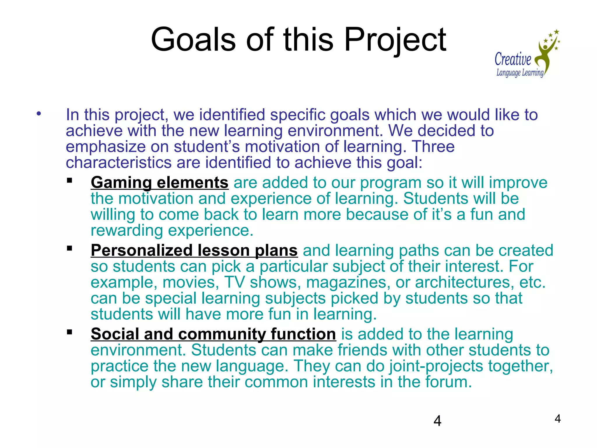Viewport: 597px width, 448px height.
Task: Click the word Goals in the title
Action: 193,39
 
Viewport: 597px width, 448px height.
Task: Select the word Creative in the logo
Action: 513,59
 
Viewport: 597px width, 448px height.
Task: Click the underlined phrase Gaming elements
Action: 159,183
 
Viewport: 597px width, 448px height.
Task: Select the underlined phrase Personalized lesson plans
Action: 194,251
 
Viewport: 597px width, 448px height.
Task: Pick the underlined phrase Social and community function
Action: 213,334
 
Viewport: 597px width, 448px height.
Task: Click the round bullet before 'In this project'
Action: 39,114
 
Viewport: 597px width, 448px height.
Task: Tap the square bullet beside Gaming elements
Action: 69,181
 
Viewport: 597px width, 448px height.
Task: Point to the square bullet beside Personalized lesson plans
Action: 69,249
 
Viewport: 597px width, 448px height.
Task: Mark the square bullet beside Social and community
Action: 69,332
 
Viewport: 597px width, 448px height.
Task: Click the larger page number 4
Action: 437,421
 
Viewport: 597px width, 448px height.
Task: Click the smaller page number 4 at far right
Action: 557,419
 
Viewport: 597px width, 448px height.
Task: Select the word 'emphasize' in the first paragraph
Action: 105,147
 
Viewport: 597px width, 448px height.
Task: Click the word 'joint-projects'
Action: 436,366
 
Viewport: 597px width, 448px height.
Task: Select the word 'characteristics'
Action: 118,163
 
